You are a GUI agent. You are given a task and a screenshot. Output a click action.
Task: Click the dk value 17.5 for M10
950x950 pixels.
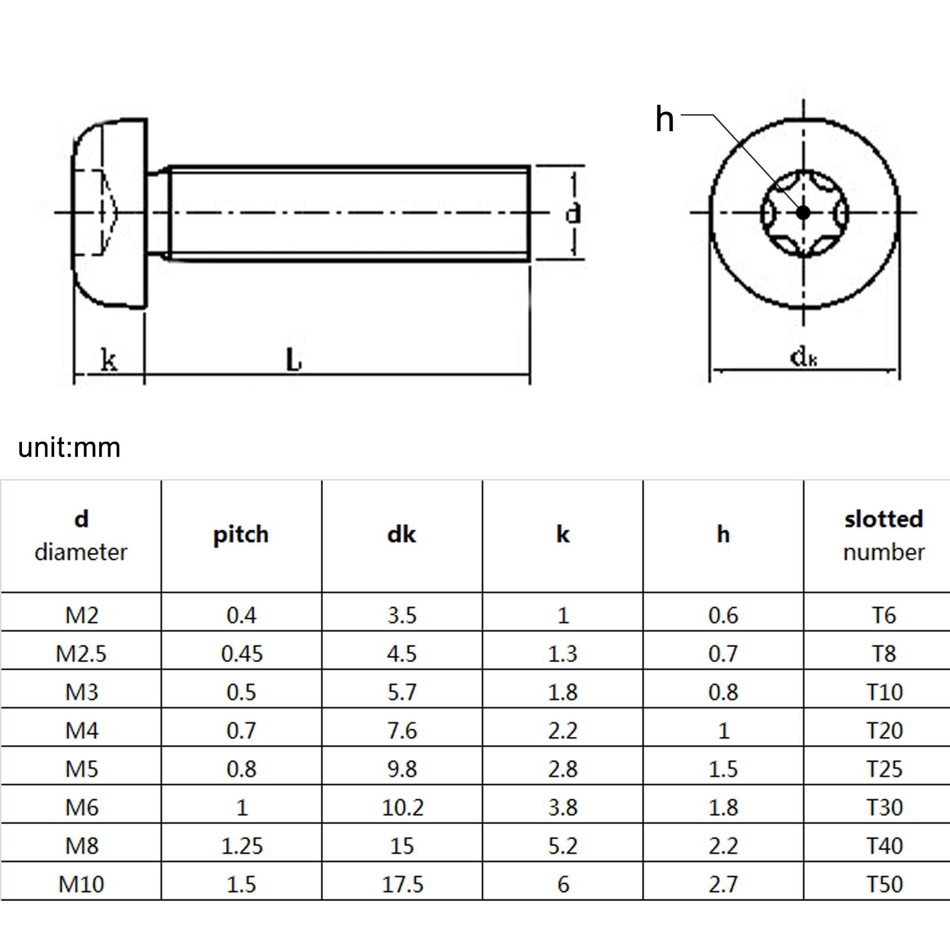coord(403,884)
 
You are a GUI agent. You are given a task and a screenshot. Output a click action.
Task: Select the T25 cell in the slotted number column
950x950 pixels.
coord(884,769)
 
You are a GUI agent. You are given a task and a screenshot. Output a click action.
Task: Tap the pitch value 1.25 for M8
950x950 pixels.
coord(242,845)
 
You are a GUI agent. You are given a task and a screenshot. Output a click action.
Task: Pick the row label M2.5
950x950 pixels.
coord(81,654)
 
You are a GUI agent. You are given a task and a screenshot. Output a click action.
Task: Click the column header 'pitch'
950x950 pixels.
coord(241,534)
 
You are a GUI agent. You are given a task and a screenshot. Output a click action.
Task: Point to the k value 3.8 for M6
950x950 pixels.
coord(563,807)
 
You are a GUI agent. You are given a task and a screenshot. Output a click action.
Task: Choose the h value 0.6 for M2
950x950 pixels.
coord(723,615)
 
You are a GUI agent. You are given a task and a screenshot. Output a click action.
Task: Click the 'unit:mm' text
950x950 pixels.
coord(69,447)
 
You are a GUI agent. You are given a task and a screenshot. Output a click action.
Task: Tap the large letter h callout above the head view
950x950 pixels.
coord(664,119)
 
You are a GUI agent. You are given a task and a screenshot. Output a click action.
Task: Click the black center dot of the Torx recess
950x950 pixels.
coord(803,212)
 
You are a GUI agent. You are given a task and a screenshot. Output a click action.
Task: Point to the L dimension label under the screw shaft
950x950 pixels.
coord(294,360)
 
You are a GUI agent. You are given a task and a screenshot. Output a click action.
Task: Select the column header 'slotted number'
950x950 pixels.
coord(883,535)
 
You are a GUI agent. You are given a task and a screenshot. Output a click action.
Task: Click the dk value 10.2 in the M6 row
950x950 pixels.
coord(403,807)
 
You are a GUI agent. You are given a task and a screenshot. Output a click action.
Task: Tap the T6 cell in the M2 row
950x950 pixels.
coord(883,615)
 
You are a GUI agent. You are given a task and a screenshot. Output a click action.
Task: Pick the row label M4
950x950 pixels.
coord(81,730)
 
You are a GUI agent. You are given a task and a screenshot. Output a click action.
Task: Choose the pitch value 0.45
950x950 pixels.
coord(242,654)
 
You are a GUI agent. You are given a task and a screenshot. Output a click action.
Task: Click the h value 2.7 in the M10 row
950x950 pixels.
coord(723,884)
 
